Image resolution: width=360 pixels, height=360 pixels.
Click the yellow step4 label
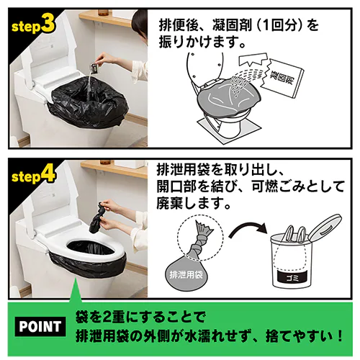click(33, 176)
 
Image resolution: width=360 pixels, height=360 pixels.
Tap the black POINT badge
click(40, 326)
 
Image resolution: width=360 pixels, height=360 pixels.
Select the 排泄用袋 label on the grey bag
click(186, 274)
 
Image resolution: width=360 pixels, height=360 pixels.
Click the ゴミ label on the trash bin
click(292, 278)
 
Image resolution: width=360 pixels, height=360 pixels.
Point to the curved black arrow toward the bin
click(247, 229)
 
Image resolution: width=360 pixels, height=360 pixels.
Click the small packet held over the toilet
click(94, 68)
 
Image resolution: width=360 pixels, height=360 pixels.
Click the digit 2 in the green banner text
click(107, 318)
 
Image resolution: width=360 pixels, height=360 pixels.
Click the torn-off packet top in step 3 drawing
click(253, 60)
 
